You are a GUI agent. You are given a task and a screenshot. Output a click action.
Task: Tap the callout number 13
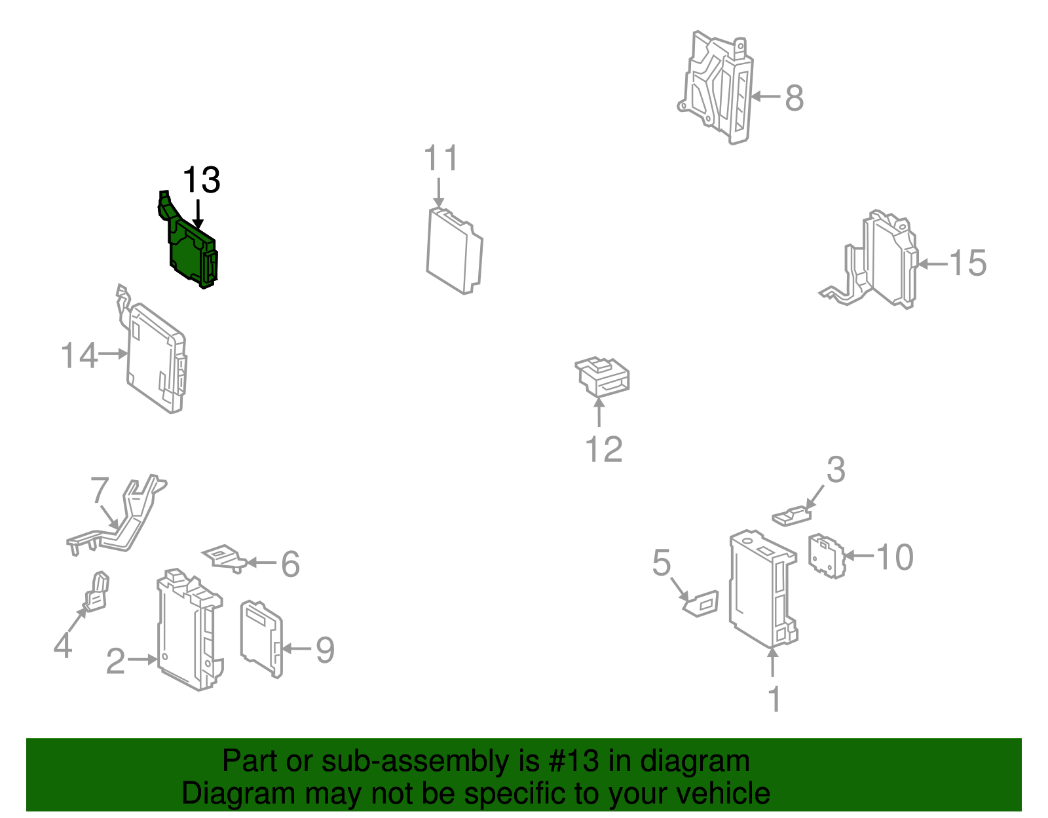(x=202, y=180)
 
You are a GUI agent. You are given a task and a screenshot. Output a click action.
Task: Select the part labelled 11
(x=455, y=251)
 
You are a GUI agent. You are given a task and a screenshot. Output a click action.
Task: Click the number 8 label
(x=795, y=98)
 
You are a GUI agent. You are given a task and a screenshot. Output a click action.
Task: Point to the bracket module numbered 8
(x=716, y=88)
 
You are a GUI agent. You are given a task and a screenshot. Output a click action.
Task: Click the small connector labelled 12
(x=602, y=377)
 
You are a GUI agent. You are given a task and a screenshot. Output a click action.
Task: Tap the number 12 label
(x=604, y=449)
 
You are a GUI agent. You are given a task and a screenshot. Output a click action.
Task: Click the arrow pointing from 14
(x=113, y=354)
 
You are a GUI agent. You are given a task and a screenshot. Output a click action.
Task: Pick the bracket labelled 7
(x=118, y=516)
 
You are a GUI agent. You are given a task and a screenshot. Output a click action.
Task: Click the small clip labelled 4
(x=96, y=592)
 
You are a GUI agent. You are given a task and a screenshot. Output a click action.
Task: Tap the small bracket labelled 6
(x=224, y=558)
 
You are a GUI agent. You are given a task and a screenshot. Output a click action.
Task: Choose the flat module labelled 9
(x=261, y=639)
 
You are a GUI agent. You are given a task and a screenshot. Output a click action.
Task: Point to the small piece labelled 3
(x=791, y=516)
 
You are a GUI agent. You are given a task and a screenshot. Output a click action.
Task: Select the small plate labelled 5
(x=702, y=604)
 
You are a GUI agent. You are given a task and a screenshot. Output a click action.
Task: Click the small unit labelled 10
(x=827, y=556)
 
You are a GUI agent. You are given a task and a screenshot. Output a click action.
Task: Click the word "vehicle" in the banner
(x=723, y=793)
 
